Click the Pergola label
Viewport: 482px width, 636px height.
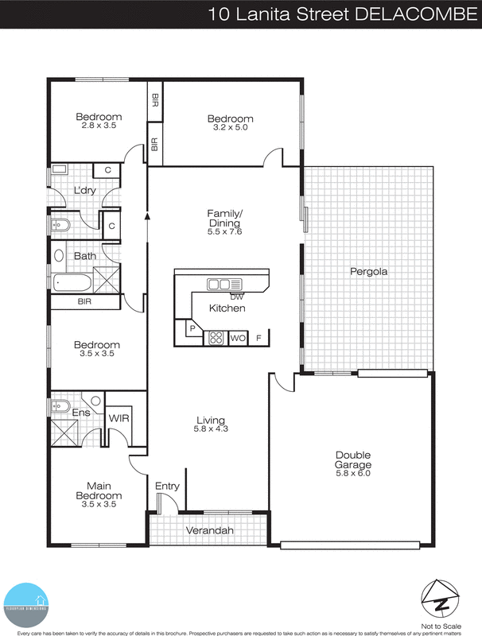(x=369, y=272)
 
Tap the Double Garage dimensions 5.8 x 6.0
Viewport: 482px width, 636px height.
(x=353, y=474)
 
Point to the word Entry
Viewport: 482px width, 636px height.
(x=168, y=487)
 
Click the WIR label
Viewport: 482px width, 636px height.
(x=119, y=417)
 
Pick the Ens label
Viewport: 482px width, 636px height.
(x=81, y=413)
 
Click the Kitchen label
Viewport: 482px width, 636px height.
(x=227, y=308)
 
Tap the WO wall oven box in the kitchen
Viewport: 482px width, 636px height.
(x=237, y=338)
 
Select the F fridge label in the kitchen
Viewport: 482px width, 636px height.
(x=258, y=338)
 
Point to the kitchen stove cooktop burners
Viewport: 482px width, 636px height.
(x=216, y=337)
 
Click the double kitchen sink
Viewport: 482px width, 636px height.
(x=224, y=284)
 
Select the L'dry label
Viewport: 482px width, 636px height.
(x=84, y=192)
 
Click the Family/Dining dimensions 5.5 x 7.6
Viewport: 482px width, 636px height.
(x=224, y=232)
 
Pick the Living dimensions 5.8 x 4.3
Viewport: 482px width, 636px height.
(x=212, y=430)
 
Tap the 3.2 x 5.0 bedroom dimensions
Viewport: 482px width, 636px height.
(x=231, y=128)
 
